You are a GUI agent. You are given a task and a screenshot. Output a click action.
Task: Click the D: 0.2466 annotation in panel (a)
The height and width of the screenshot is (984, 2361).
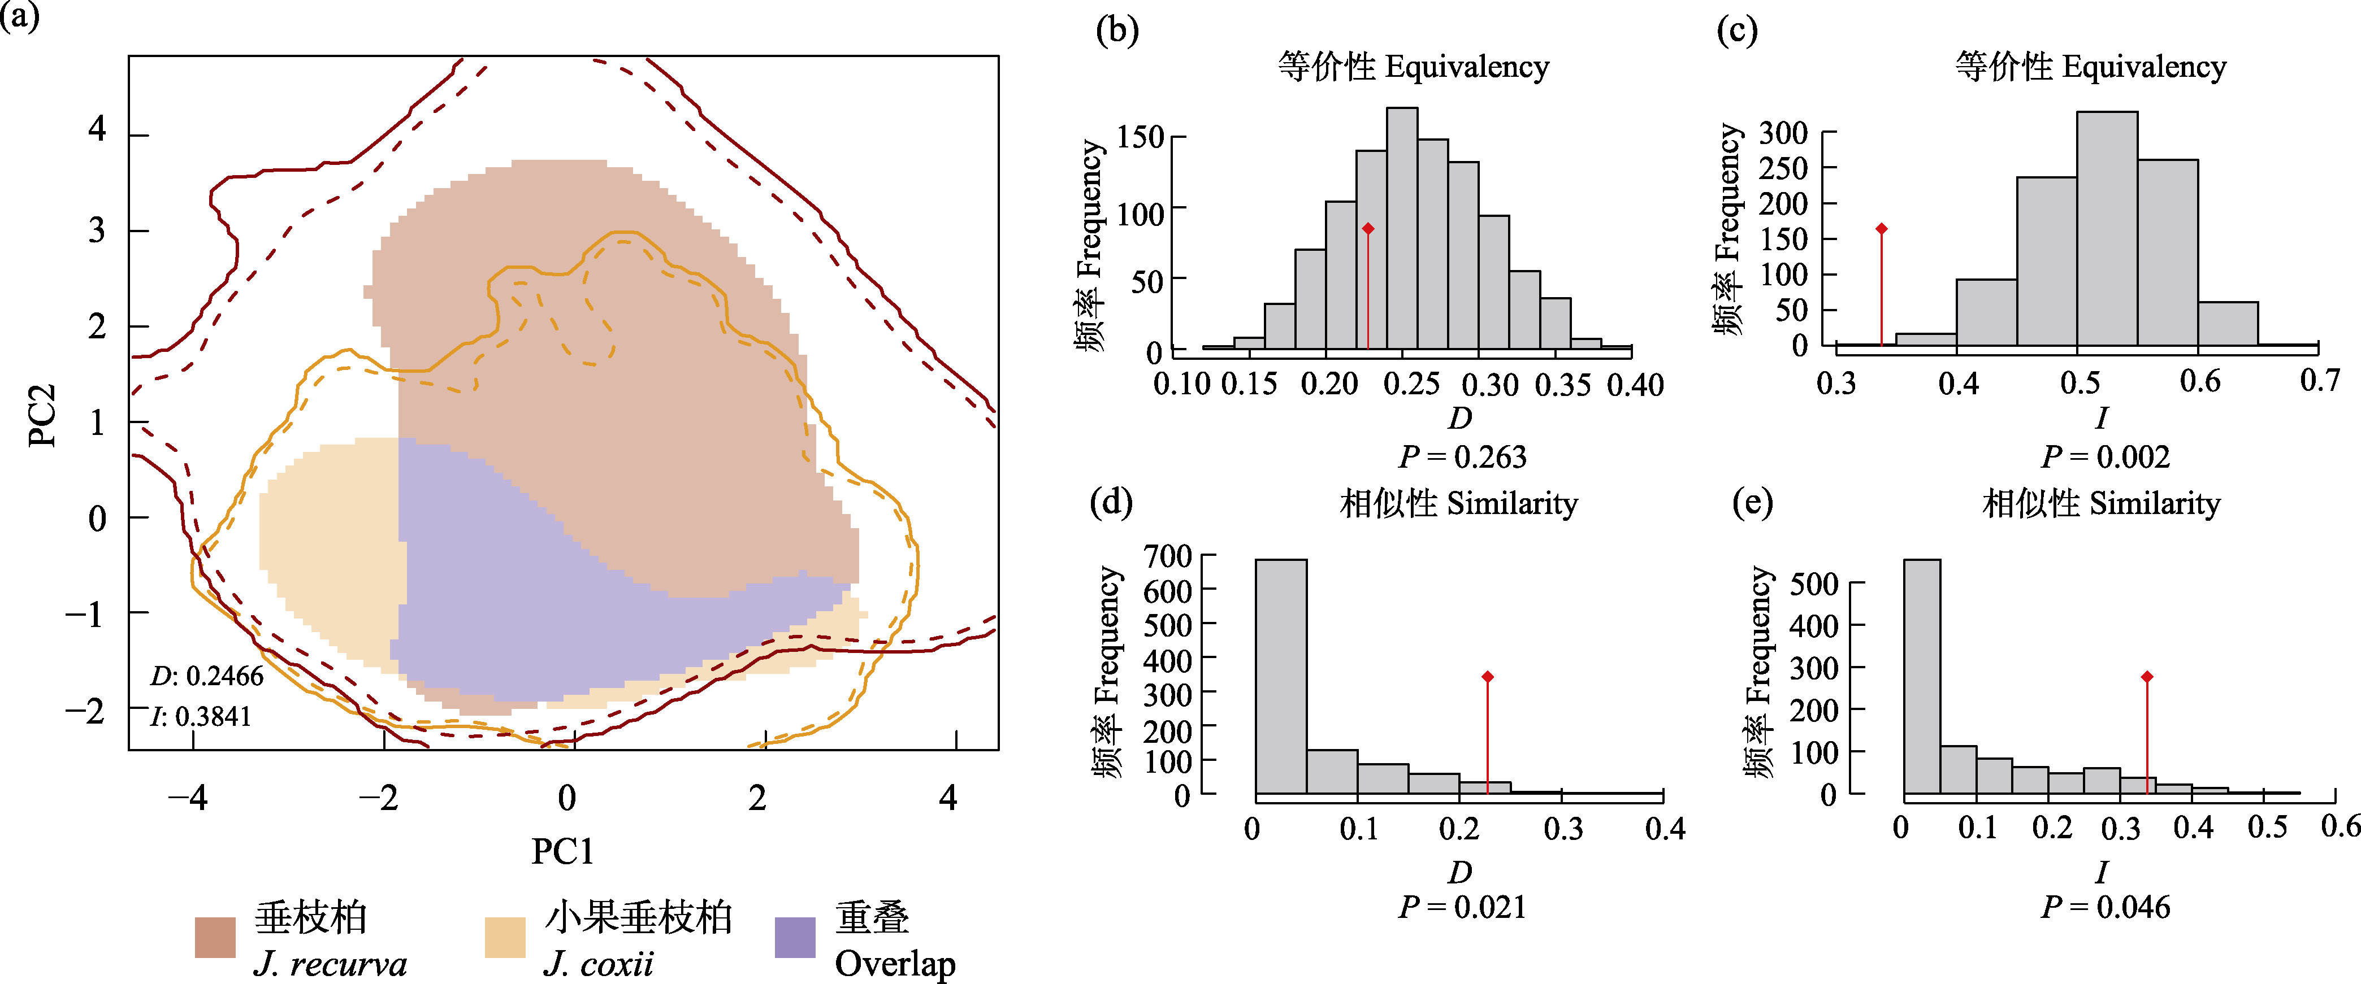(207, 676)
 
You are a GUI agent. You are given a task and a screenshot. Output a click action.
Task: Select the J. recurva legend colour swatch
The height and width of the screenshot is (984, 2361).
(215, 937)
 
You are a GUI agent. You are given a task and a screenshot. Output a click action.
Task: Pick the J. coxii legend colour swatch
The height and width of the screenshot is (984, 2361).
(505, 937)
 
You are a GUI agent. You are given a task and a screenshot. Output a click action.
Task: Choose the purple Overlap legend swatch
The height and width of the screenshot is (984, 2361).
(795, 937)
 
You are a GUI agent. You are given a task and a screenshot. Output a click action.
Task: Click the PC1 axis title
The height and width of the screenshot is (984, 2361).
(563, 851)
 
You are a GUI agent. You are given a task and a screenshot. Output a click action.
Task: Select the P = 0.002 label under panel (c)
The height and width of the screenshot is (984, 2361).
(2106, 456)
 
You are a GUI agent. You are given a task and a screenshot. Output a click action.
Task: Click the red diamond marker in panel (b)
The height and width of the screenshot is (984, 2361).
(1367, 229)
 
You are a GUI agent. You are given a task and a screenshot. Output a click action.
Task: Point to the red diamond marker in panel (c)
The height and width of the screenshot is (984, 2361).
(1882, 229)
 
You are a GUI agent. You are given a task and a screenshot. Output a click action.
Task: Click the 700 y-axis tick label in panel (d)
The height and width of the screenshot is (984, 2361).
(1168, 556)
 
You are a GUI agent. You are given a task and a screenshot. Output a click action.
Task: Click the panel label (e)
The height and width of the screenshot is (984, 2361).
(1752, 502)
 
